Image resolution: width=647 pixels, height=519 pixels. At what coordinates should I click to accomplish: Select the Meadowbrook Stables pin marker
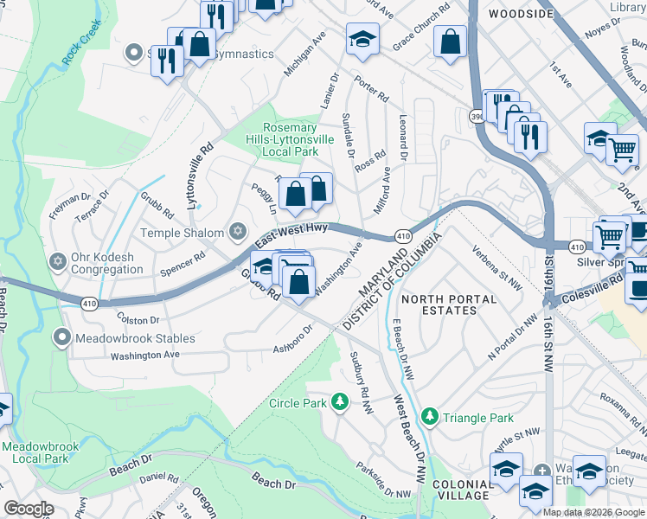(61, 336)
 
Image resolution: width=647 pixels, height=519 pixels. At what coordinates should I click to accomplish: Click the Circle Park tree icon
(341, 402)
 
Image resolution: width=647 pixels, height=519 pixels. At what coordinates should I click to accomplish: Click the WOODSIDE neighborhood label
(520, 14)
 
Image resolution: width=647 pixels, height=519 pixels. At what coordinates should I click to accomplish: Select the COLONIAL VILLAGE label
(463, 489)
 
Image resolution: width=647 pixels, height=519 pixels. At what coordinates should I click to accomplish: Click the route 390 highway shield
(477, 115)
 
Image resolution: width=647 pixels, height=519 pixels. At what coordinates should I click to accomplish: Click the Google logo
(29, 509)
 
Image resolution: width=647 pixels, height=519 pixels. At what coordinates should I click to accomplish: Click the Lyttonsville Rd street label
(198, 176)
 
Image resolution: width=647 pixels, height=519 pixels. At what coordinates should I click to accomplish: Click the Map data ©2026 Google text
(593, 512)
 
